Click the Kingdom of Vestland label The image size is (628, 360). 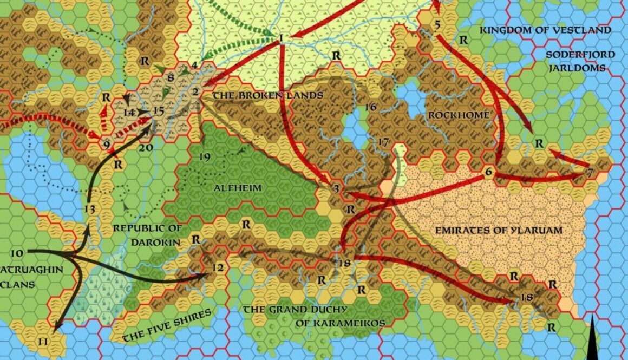[x=546, y=30]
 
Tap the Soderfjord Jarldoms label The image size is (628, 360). [x=580, y=62]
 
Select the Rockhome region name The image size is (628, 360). [x=459, y=115]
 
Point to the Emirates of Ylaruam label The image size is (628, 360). [x=499, y=230]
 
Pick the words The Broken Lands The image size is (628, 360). [x=267, y=96]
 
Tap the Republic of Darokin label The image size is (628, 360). [x=147, y=235]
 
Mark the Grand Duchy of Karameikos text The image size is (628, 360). [x=314, y=316]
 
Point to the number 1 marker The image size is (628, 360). [x=281, y=37]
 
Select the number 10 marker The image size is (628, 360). [x=17, y=253]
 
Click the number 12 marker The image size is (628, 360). [x=218, y=267]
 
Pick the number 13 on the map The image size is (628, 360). [x=90, y=209]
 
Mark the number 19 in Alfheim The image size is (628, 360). [x=204, y=158]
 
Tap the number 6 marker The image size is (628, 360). [x=488, y=172]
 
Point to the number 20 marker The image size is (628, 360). [x=145, y=147]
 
